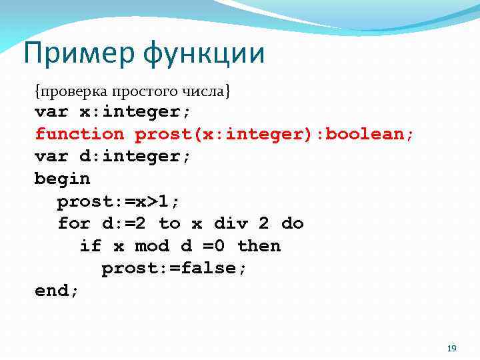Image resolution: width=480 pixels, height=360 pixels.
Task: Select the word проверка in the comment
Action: coord(66,90)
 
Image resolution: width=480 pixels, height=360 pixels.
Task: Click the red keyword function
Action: coord(79,134)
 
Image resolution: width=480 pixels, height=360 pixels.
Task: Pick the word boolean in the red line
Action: coord(370,134)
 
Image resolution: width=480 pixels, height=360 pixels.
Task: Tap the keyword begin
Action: coord(62,179)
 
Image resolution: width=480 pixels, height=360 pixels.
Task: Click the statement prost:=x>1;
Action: coord(124,201)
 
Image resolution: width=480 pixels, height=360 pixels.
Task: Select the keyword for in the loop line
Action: coord(73,223)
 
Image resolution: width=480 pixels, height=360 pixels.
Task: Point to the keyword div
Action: coord(230,223)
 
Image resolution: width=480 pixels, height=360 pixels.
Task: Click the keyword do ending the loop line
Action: coord(292,223)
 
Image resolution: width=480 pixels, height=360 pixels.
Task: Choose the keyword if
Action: coord(91,246)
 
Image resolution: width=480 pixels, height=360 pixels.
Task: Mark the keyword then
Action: coord(259,246)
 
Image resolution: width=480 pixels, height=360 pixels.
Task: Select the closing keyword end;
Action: coord(57,291)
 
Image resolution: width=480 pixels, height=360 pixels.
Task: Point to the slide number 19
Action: coord(451,349)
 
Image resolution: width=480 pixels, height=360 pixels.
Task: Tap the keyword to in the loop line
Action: coord(169,223)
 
